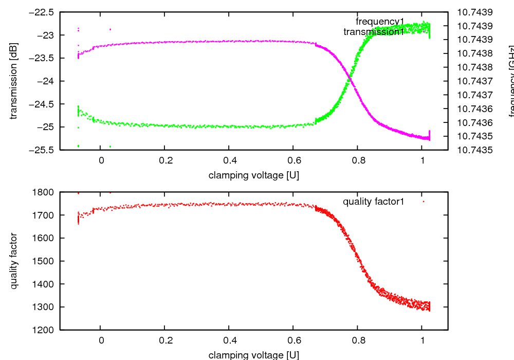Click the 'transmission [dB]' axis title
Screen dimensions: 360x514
[x=14, y=81]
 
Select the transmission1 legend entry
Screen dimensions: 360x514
[x=374, y=32]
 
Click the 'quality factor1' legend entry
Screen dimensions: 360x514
[x=374, y=202]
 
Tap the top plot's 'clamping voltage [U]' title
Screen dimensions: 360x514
[x=253, y=175]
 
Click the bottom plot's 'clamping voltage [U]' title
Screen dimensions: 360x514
[x=253, y=355]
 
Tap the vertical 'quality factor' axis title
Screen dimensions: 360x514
[x=14, y=261]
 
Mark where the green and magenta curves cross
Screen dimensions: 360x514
[x=350, y=77]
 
